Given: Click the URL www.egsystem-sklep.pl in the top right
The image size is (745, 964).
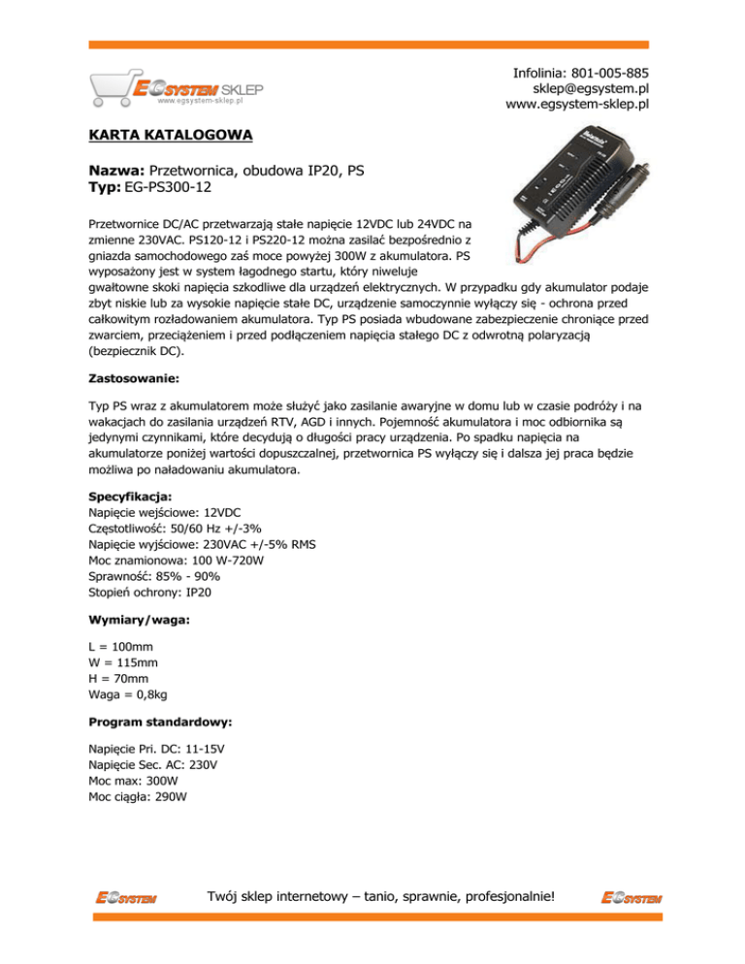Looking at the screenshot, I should point(577,105).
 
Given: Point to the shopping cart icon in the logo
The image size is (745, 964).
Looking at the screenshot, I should point(110,89).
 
